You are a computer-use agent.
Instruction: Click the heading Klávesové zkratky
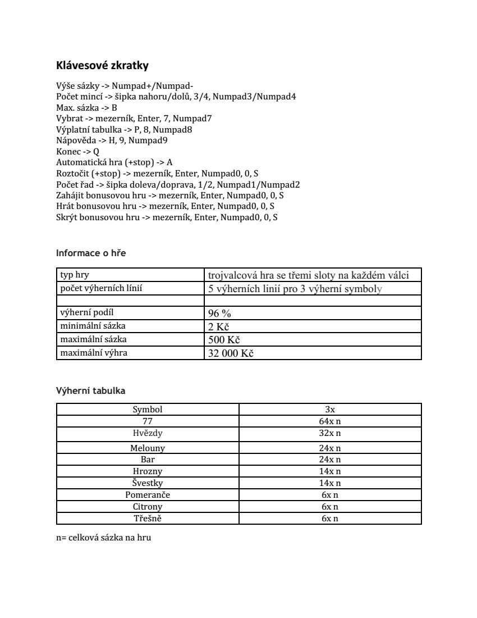pos(102,65)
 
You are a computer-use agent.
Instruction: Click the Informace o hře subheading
pos(91,253)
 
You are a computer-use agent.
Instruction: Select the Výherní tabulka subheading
pos(90,390)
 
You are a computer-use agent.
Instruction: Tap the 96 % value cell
pos(219,313)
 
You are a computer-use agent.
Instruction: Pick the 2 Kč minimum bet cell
pos(219,327)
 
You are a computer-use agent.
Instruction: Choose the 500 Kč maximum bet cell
pos(224,340)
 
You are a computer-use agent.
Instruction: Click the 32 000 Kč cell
pos(231,353)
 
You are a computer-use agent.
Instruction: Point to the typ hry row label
pos(75,275)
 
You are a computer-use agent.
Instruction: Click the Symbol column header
pos(148,410)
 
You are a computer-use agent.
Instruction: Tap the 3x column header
pos(330,410)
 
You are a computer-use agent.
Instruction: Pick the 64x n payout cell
pos(330,421)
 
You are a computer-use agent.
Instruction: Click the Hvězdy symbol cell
pos(148,433)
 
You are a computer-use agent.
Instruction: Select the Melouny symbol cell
pos(148,448)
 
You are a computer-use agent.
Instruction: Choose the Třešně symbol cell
pos(148,519)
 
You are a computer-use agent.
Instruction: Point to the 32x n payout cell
pos(330,433)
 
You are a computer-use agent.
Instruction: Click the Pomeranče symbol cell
pos(148,495)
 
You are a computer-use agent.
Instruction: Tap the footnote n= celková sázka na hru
pos(104,538)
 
